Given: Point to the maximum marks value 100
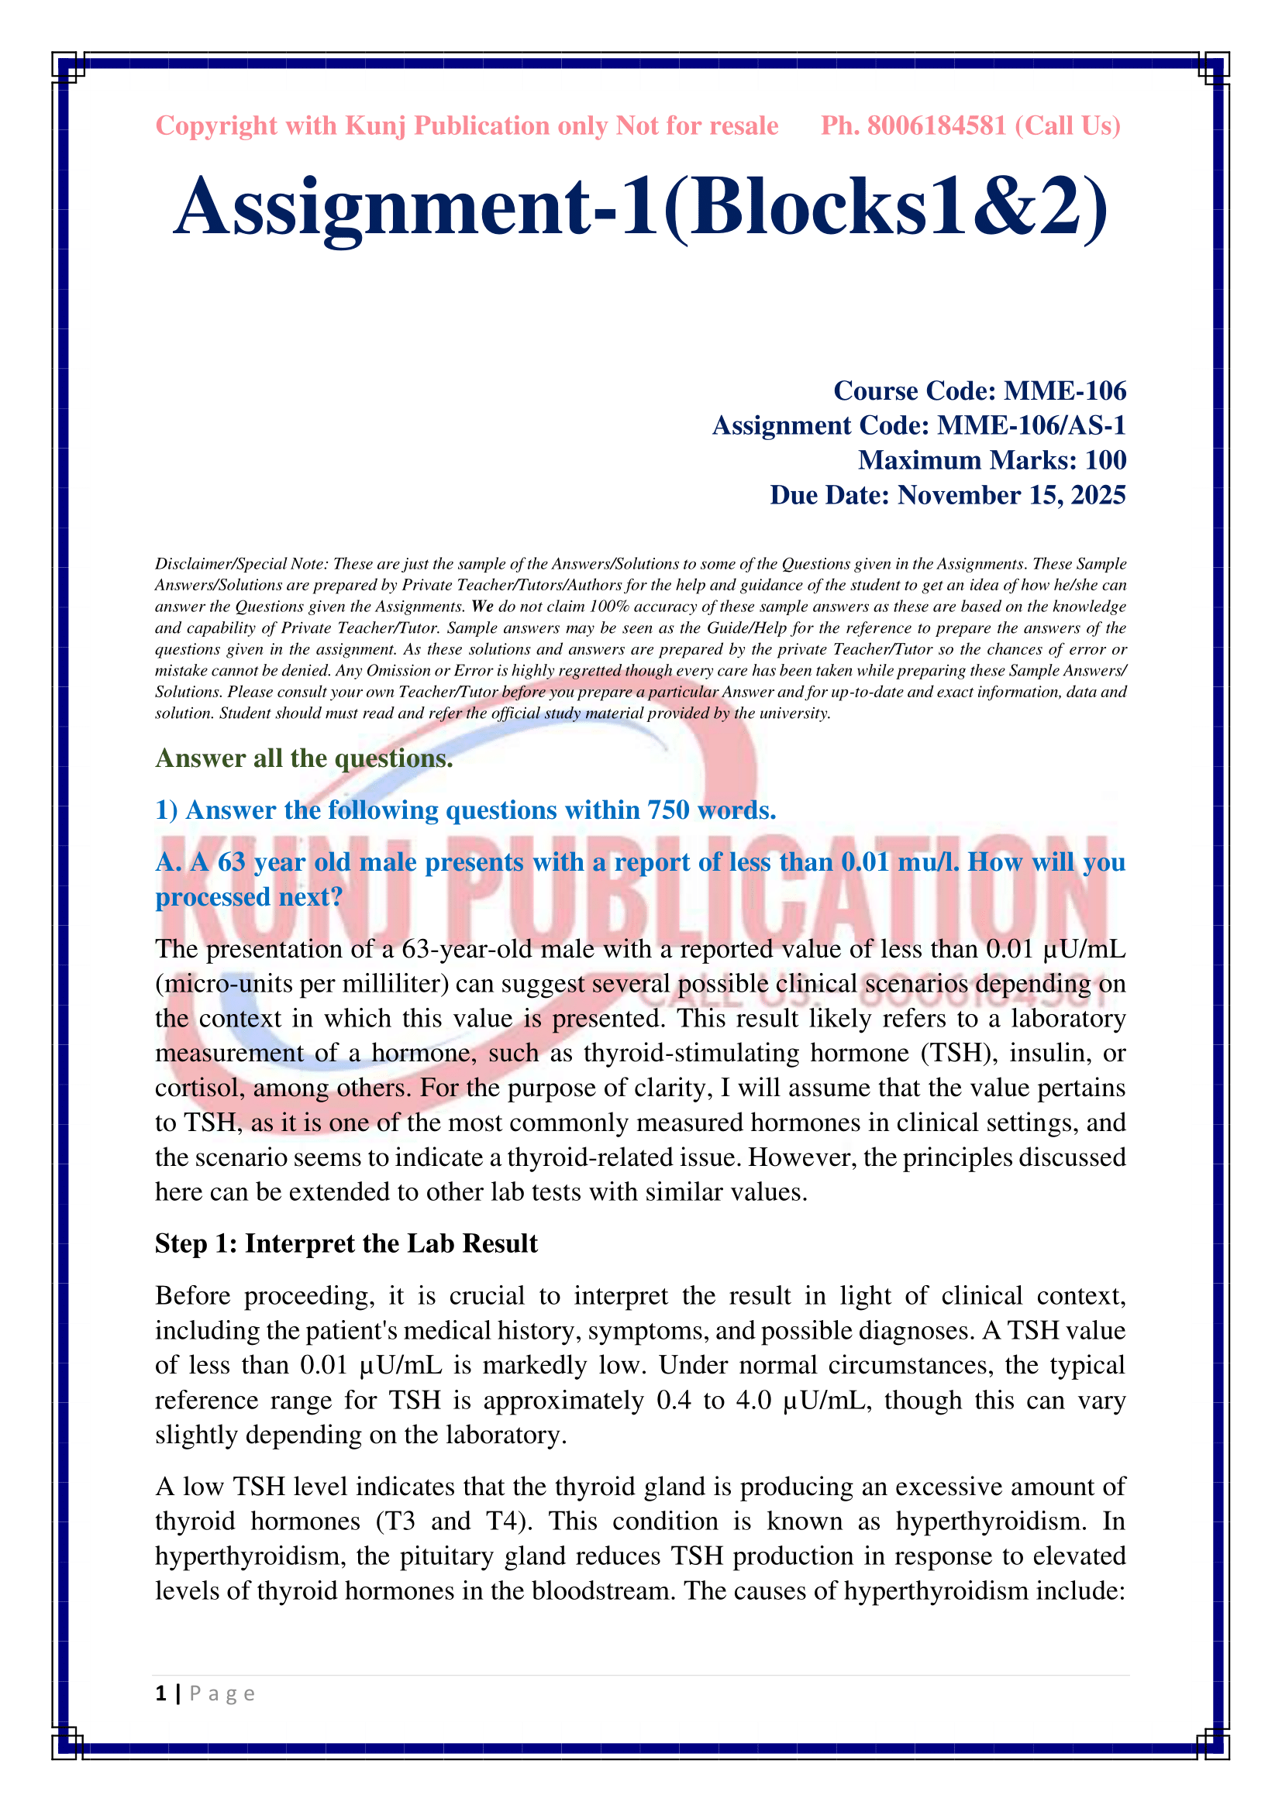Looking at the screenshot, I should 1105,460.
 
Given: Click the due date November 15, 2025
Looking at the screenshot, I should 1011,495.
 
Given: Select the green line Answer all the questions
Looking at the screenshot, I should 304,758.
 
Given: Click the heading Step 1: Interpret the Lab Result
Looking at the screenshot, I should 346,1244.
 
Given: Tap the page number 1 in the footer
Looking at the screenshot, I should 161,1693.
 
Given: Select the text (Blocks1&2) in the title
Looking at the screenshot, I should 886,207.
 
